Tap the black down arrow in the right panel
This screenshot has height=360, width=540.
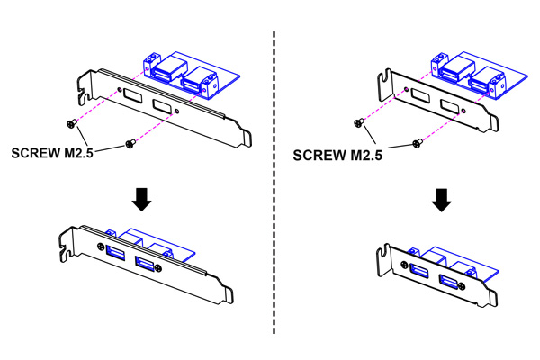(x=440, y=199)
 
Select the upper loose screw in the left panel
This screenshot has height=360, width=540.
(x=67, y=123)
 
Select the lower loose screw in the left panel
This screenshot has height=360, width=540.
(x=130, y=144)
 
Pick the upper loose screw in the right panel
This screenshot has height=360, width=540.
(x=359, y=121)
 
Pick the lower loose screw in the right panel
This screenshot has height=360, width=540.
(x=415, y=142)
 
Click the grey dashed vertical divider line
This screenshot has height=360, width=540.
(x=273, y=180)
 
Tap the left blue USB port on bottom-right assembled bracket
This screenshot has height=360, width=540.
(x=418, y=270)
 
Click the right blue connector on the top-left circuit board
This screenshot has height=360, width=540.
(x=195, y=81)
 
